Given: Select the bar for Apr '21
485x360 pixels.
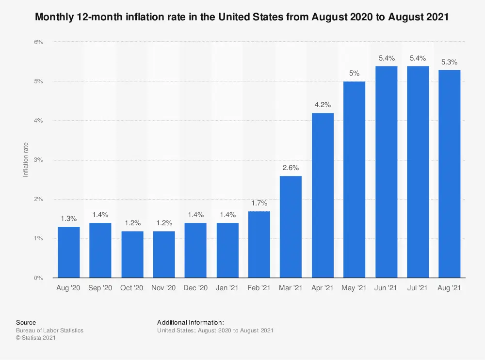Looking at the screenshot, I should tap(323, 195).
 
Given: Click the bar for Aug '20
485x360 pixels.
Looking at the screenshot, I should tap(69, 252).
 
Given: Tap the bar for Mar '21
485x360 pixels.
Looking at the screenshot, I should tap(291, 227).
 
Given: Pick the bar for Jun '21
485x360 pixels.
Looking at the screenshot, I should tap(386, 172).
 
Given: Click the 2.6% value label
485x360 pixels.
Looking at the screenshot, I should tap(291, 168).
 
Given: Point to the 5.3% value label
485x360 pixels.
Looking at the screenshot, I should tap(449, 62).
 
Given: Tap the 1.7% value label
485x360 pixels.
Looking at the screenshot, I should tap(259, 203).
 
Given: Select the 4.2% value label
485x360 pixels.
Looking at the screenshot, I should tap(323, 105).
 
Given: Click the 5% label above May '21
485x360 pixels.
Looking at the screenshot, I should tap(354, 74).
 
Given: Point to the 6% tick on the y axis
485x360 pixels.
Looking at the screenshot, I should tap(38, 42).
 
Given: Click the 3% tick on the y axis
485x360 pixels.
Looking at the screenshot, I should tap(38, 160).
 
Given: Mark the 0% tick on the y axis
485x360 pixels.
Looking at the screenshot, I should tap(38, 278).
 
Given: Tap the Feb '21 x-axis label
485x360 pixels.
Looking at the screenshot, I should tap(259, 288).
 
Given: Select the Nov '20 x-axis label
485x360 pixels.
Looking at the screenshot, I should tap(164, 288).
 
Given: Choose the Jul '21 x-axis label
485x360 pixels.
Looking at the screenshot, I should tap(418, 288).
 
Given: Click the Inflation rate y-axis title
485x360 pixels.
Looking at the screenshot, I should tap(26, 159).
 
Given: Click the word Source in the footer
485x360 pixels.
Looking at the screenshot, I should tap(26, 322).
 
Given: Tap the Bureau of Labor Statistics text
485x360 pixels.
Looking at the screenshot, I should tap(49, 330).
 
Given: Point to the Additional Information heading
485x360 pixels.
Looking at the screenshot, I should tap(191, 322).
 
